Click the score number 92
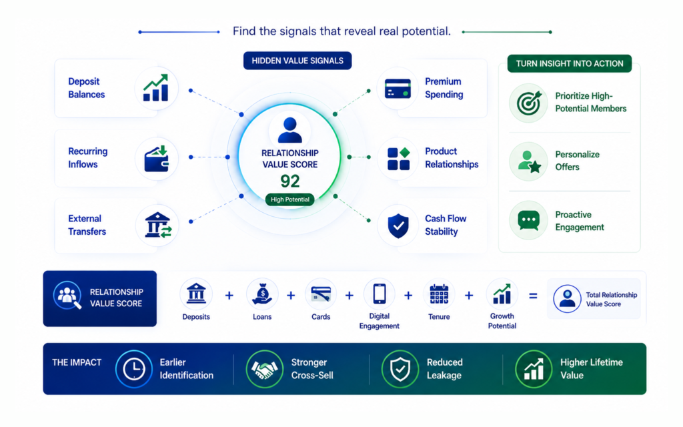coord(289,181)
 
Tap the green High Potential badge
coord(289,199)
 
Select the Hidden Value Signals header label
coord(297,61)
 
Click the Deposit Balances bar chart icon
coord(155,87)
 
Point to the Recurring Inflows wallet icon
coord(156,158)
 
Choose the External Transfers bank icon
coord(158,226)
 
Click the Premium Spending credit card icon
coord(398,89)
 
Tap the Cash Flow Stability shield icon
coord(398,226)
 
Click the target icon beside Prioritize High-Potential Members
coord(529,103)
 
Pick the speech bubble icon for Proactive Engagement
coord(529,220)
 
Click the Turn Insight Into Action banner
coord(570,63)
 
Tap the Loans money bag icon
coord(262,294)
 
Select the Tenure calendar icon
coord(439,294)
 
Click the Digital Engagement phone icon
coord(380,294)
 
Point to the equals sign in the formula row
coord(533,296)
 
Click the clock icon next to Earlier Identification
coord(133,369)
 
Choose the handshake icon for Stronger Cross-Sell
coord(264,369)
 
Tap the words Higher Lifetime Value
coord(591,368)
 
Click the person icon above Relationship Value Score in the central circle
coord(289,130)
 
